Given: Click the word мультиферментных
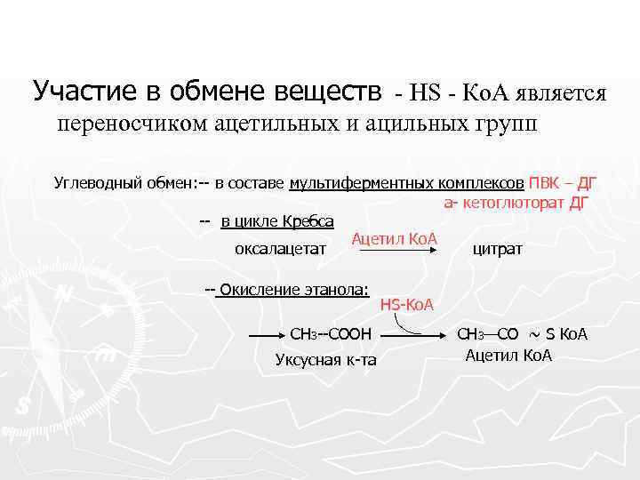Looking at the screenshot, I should pos(361,184).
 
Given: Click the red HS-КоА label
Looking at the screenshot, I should pos(406,305).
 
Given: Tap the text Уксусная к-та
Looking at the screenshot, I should pos(326,359).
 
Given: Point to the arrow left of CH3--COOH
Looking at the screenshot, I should pos(264,336).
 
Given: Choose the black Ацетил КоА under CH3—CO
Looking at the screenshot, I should pos(508,356).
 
